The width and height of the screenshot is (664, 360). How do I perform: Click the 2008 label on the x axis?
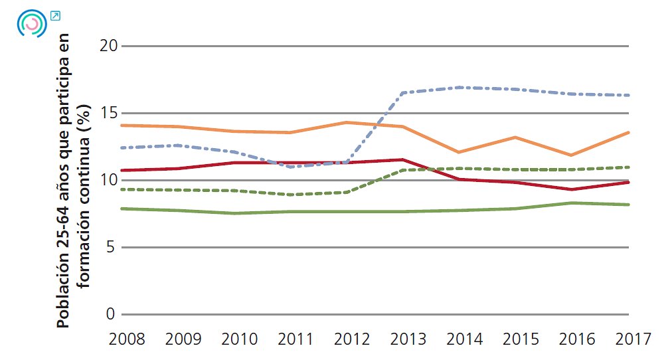tap(125, 339)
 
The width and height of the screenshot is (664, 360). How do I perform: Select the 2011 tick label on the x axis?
tap(295, 339)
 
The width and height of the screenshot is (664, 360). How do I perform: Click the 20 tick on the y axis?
tap(109, 46)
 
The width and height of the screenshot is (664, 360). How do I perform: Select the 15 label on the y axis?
tap(109, 114)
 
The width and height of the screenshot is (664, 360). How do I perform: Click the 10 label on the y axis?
tap(109, 181)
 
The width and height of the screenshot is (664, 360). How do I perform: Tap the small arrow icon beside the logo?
tap(55, 15)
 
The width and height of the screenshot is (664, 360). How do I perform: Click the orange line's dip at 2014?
tap(459, 152)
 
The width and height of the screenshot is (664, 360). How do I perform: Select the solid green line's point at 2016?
tap(572, 203)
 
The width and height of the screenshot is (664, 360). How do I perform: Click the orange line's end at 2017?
tap(628, 132)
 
